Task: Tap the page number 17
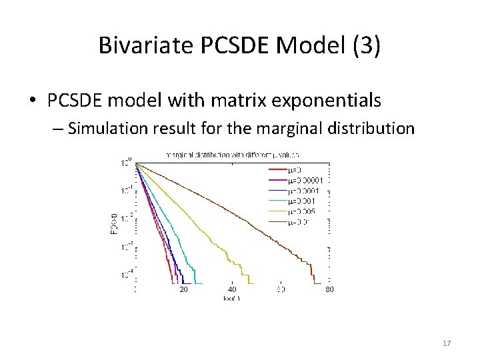[447, 343]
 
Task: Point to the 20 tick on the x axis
[183, 289]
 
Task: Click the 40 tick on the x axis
[232, 289]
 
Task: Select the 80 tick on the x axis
[329, 289]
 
